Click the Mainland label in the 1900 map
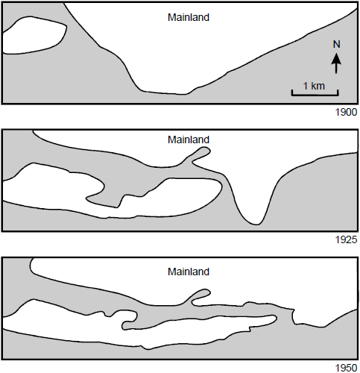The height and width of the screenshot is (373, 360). [x=189, y=17]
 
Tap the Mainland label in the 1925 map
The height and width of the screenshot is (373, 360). [x=189, y=140]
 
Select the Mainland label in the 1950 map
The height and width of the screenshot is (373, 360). [x=189, y=272]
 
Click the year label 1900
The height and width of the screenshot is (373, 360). [x=346, y=113]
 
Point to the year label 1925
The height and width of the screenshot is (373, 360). [x=346, y=239]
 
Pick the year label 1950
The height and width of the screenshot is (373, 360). [x=346, y=368]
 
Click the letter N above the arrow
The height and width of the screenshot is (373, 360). [x=336, y=44]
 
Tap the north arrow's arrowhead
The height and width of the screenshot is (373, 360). [x=336, y=59]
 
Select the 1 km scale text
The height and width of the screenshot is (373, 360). [x=314, y=86]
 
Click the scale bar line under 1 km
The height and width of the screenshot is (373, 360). [x=315, y=95]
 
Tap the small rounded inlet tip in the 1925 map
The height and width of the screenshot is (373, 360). [x=206, y=150]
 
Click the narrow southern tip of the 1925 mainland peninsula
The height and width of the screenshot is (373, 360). [x=256, y=224]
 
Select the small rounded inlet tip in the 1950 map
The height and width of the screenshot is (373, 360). [x=206, y=292]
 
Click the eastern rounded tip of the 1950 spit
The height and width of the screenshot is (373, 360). [x=276, y=318]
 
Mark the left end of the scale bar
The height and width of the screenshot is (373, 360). [x=292, y=93]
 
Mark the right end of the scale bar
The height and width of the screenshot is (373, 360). [x=338, y=93]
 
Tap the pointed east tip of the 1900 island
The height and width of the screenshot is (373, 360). [x=66, y=25]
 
